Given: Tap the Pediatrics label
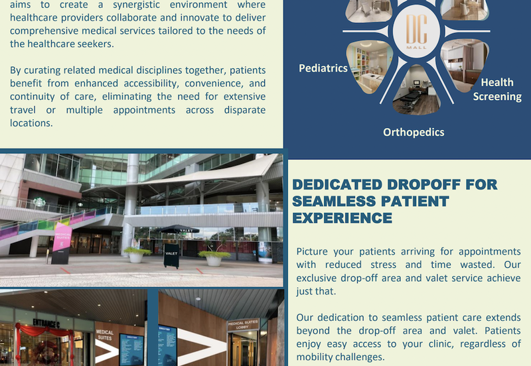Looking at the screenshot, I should point(323,68).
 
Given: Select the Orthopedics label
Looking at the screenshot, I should point(414,132).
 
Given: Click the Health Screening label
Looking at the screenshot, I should point(497,90).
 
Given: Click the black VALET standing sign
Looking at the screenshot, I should point(171,255).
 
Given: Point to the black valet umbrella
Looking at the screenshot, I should point(179,229).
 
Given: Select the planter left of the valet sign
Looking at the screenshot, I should point(137,254).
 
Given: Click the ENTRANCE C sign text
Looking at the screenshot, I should point(46,323).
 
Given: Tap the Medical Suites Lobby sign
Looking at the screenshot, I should point(243,326).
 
